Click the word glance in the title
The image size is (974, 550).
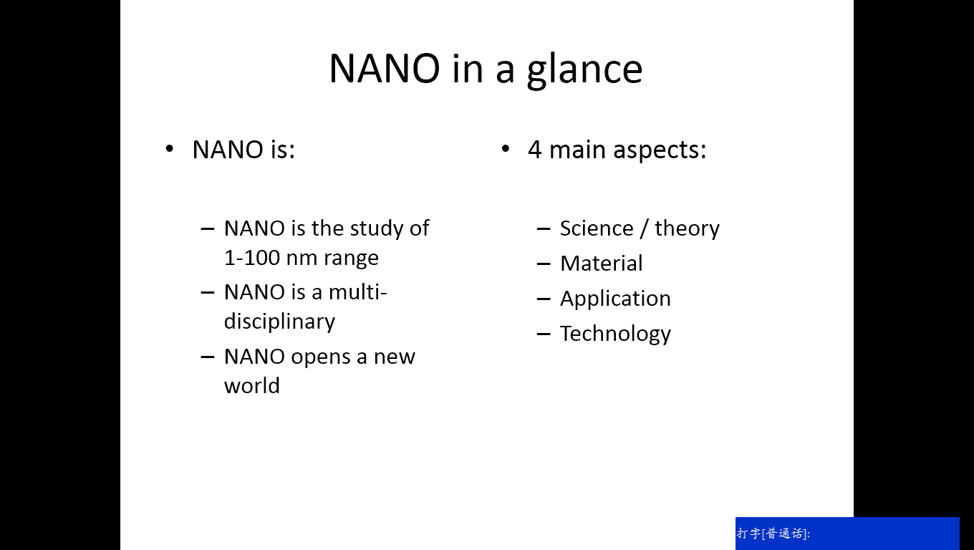[x=585, y=71]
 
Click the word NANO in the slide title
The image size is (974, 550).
[x=385, y=69]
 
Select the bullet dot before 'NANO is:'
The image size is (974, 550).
[x=170, y=149]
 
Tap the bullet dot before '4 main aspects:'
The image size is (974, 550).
[x=506, y=149]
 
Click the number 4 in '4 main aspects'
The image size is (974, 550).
[x=535, y=150]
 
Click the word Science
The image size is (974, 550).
[x=597, y=228]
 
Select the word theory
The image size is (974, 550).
[x=687, y=230]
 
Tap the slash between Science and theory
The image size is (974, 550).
[x=644, y=228]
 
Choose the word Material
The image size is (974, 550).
[x=602, y=264]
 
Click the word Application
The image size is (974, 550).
[x=615, y=300]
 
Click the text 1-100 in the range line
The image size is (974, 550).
[x=252, y=258]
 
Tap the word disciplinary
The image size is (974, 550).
[x=279, y=322]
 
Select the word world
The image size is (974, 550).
[x=252, y=386]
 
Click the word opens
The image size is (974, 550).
[x=320, y=358]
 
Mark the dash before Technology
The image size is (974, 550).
[x=544, y=334]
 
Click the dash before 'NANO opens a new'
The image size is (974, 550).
[x=208, y=357]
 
